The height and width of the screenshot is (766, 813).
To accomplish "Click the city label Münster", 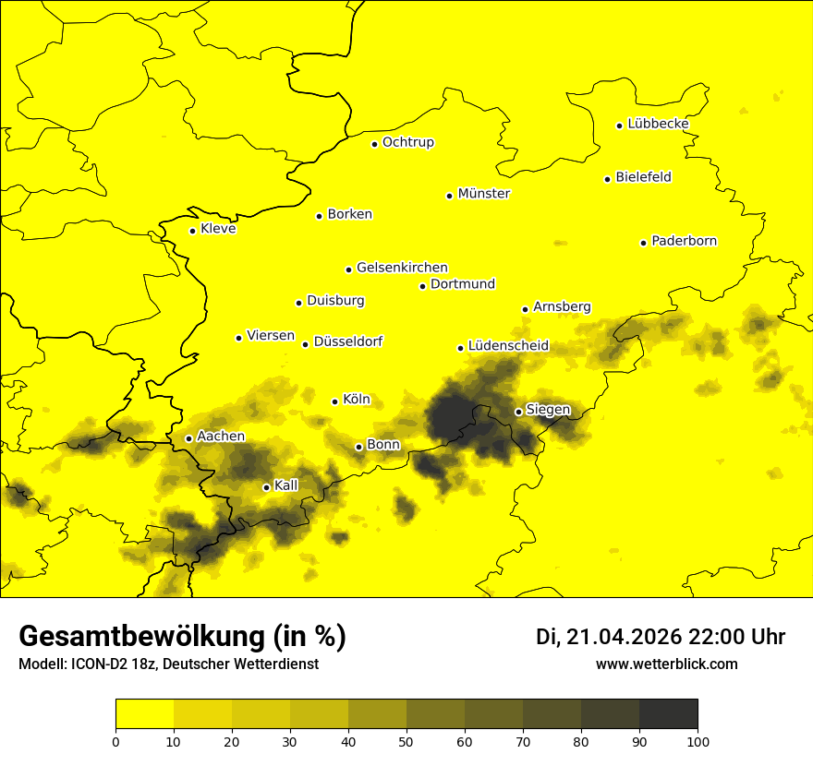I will (483, 194).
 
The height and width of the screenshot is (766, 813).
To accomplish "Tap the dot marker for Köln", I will (335, 401).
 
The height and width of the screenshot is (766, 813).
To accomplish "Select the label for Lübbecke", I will (658, 124).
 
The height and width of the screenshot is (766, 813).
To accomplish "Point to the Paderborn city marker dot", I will (644, 243).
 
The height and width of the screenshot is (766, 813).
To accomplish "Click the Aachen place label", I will (221, 437).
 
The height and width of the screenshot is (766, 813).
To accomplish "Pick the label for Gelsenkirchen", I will (402, 268).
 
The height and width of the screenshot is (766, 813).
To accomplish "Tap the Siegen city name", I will (548, 410).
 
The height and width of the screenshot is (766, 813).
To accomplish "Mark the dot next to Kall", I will (266, 487).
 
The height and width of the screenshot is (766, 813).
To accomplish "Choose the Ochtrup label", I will (407, 142).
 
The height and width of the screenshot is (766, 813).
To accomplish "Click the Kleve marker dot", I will (192, 231).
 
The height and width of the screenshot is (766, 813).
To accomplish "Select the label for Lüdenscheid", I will (508, 346).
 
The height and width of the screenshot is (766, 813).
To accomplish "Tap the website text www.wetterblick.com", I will (666, 664).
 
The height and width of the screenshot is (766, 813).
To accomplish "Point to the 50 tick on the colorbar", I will (406, 741).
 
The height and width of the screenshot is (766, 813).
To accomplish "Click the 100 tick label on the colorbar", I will (698, 741).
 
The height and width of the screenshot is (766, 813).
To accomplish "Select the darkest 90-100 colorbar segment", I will (668, 714).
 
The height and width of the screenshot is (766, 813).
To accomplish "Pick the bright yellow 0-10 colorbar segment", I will (144, 714).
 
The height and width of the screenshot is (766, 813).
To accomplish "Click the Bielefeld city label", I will (643, 177).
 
